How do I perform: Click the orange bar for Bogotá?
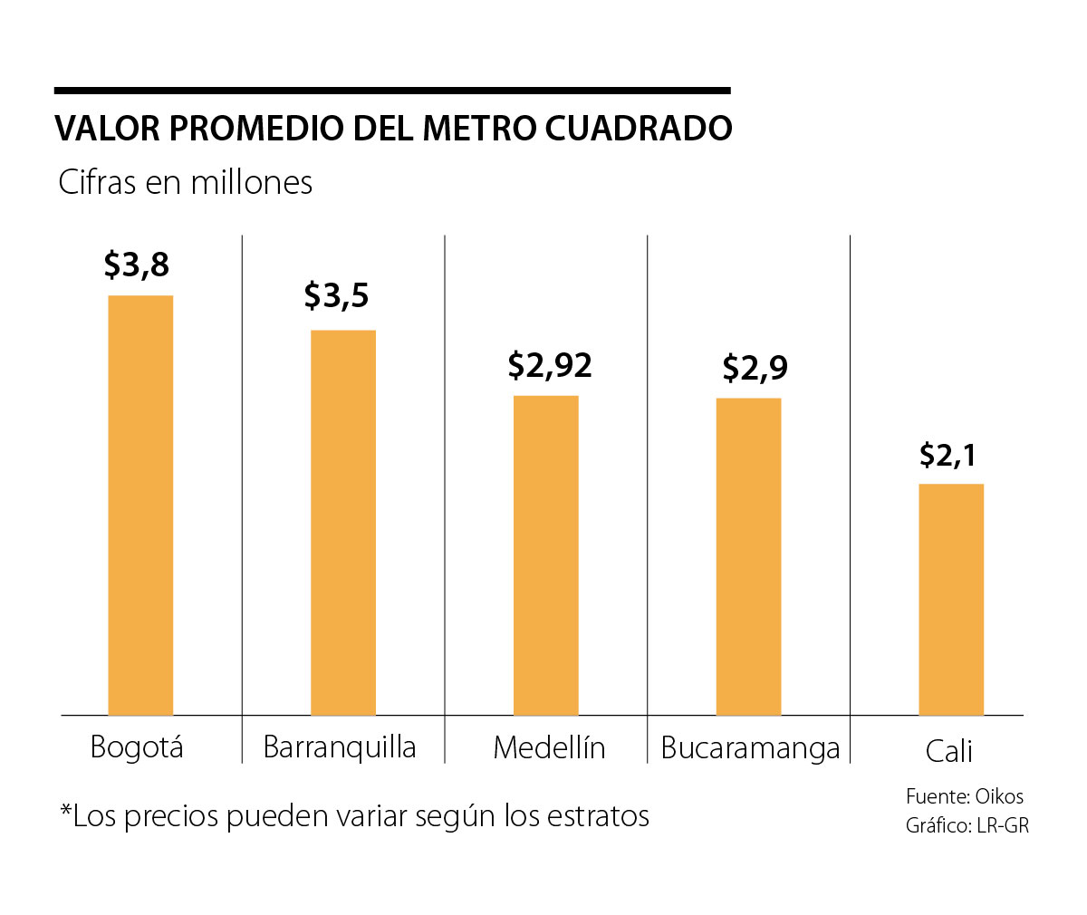click(140, 506)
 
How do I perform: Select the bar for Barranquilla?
click(343, 523)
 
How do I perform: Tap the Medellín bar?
click(546, 555)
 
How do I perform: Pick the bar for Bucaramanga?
click(748, 557)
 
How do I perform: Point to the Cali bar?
click(951, 600)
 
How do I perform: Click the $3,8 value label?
click(137, 265)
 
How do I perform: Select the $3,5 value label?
click(337, 295)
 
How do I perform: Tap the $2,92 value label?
click(550, 364)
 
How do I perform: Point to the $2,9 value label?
click(755, 368)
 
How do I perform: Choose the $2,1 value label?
click(948, 454)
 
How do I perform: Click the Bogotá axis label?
click(137, 747)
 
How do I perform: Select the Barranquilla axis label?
click(340, 747)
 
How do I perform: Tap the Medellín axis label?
click(549, 748)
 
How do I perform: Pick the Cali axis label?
click(948, 751)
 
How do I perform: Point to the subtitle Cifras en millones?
click(186, 182)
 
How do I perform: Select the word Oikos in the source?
click(999, 797)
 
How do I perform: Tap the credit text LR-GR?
click(1003, 825)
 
